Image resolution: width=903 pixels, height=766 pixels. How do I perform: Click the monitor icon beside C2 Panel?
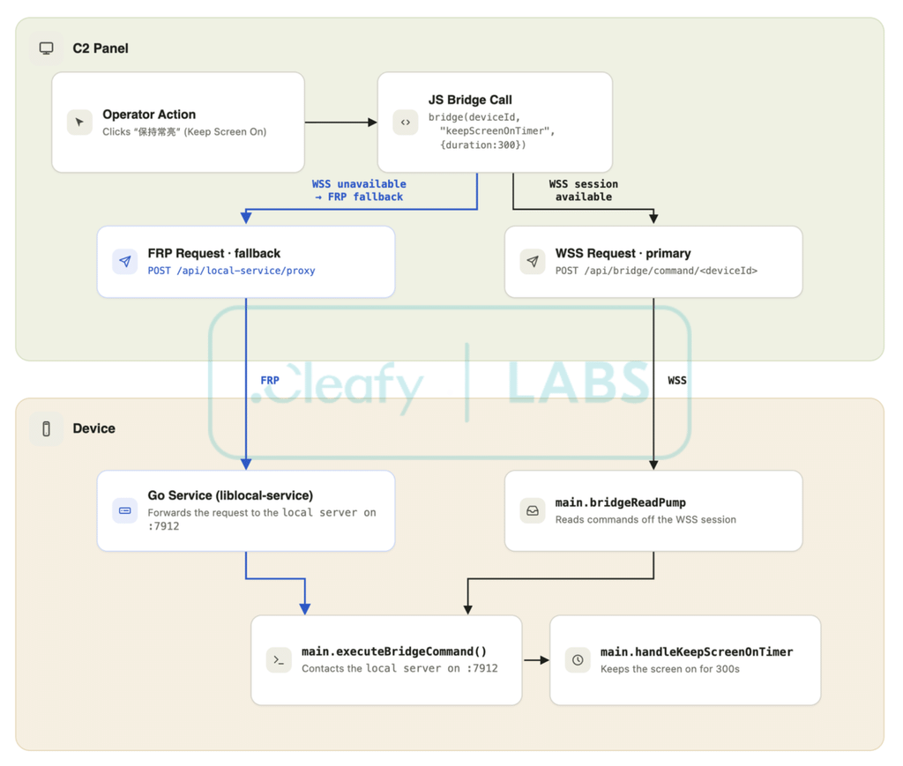46,48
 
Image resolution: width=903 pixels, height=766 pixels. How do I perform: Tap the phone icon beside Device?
46,428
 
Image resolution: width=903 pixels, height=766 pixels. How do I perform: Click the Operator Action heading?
149,115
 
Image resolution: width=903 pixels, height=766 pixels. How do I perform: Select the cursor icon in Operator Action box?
79,122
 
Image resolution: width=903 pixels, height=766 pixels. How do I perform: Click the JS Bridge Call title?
470,100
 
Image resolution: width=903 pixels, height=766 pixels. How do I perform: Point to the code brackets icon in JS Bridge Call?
406,122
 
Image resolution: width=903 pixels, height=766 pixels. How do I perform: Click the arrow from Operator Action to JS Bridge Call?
341,122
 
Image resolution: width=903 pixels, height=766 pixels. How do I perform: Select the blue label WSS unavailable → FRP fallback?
360,190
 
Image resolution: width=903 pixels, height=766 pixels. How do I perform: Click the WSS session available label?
584,190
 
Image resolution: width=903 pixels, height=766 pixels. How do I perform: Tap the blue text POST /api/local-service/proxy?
232,271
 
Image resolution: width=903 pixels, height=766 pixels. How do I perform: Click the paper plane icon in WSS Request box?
533,261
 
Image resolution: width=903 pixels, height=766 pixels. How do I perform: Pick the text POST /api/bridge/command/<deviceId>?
656,271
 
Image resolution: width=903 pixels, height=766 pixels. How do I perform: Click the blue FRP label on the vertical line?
270,381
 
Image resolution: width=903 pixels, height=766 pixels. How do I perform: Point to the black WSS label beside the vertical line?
677,381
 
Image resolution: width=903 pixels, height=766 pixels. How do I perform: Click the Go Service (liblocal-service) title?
230,495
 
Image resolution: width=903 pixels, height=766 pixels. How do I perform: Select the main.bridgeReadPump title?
620,502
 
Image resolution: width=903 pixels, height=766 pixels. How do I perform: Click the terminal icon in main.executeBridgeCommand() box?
279,660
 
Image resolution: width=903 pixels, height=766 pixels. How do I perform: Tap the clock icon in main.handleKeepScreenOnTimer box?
578,660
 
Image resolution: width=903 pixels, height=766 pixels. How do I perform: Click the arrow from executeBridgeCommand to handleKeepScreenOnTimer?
536,660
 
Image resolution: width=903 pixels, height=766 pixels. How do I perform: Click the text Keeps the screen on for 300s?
670,669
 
